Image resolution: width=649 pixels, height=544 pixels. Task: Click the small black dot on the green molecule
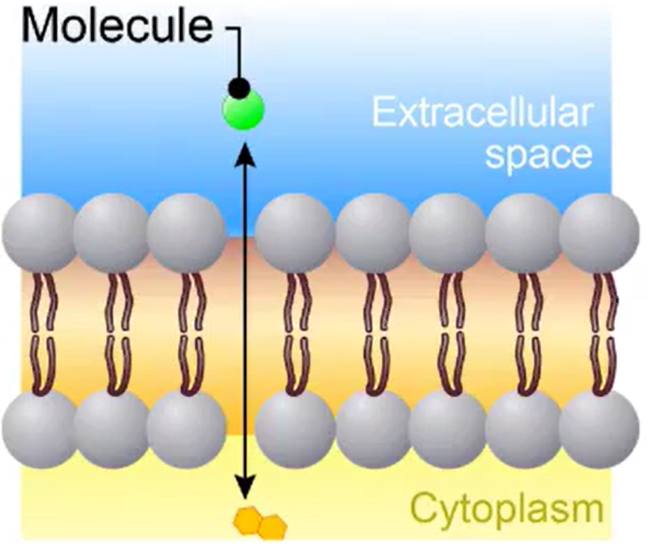[x=238, y=87]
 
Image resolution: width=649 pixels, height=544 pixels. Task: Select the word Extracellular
[x=488, y=116]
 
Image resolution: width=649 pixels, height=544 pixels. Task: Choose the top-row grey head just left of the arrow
[x=185, y=233]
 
